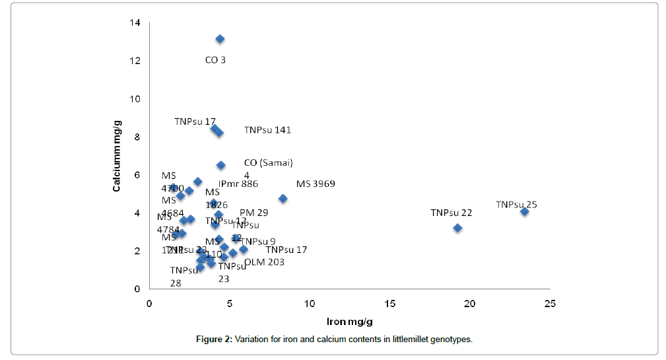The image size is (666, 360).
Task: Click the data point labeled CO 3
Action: click(x=220, y=39)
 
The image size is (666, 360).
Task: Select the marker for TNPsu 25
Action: click(x=525, y=211)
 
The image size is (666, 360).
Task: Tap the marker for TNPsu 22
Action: click(x=457, y=228)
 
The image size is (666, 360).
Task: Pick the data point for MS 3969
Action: click(x=283, y=198)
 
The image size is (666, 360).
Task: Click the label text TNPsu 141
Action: click(x=267, y=130)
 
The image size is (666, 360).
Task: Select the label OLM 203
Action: click(x=264, y=262)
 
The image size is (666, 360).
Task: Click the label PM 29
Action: click(x=254, y=213)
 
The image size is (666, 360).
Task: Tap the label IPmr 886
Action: click(x=238, y=184)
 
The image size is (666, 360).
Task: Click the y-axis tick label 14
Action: click(x=135, y=23)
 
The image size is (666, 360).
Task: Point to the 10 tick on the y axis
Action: click(x=135, y=99)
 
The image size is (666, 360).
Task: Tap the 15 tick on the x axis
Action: click(x=389, y=303)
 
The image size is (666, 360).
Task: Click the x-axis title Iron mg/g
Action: click(x=350, y=322)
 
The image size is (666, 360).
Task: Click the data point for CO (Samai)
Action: click(x=221, y=165)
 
